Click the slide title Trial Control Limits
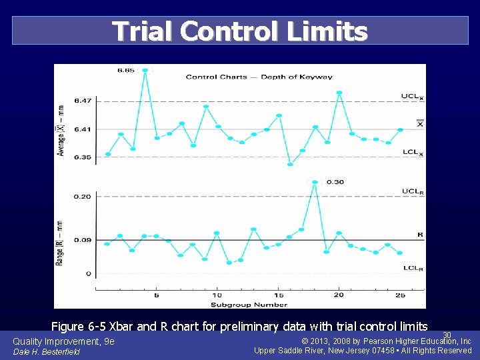[239, 31]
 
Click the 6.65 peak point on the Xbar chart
[145, 70]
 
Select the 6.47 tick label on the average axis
[83, 101]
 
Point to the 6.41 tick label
[83, 129]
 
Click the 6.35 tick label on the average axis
[83, 157]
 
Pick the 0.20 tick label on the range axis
[83, 197]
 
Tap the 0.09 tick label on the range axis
[83, 240]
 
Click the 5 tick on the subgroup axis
[157, 295]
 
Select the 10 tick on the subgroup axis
[217, 295]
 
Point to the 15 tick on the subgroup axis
[278, 295]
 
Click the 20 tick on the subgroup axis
[339, 295]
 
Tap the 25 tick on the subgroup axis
[399, 295]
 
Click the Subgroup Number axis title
[249, 305]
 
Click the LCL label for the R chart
[413, 269]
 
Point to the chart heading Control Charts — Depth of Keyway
[259, 77]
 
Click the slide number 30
[447, 335]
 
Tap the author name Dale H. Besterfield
[46, 351]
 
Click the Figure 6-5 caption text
[239, 326]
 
